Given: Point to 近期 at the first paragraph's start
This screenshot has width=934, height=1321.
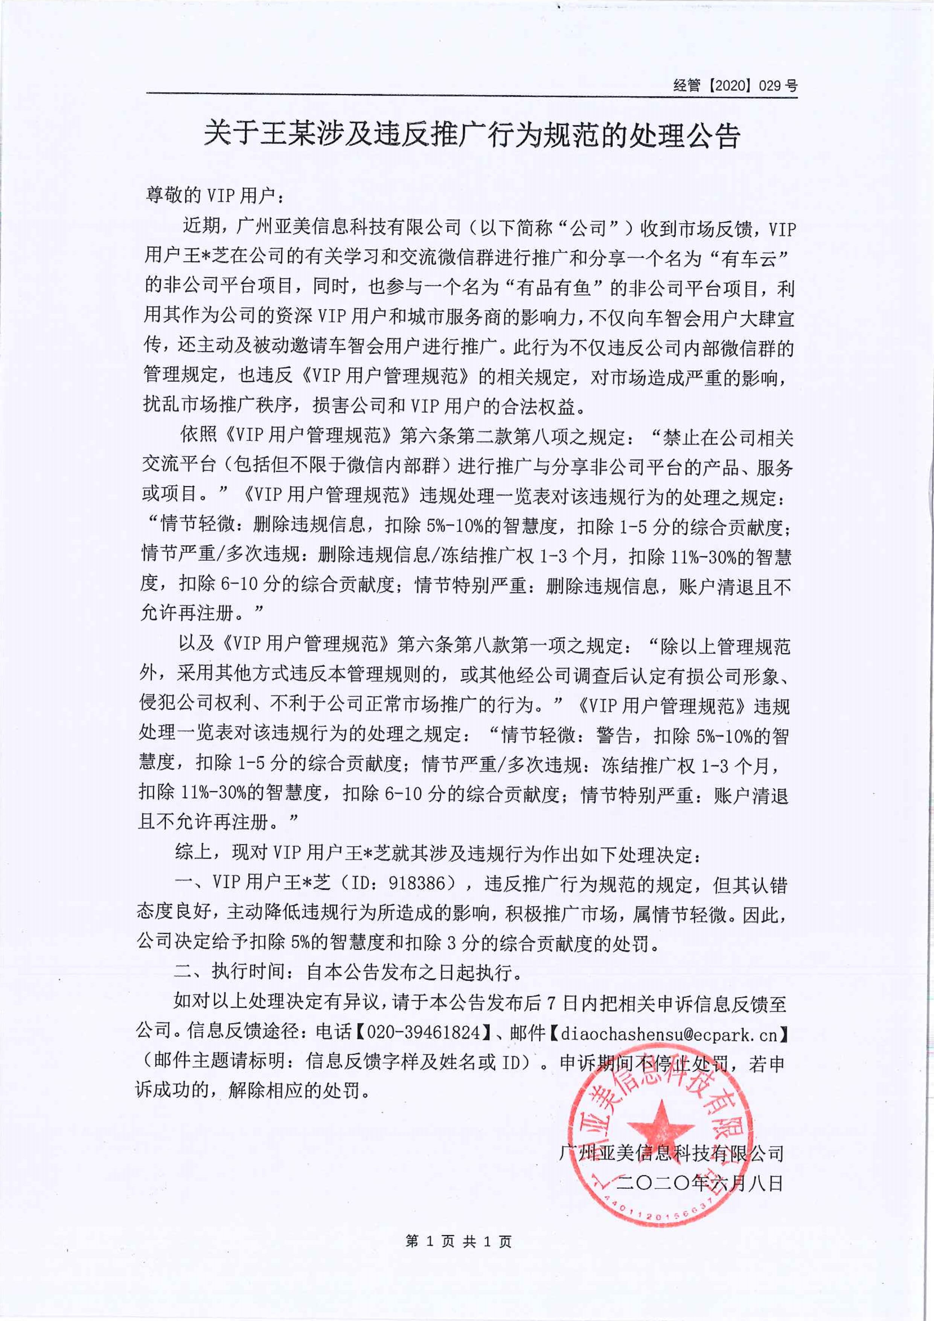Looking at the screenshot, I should tap(201, 227).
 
